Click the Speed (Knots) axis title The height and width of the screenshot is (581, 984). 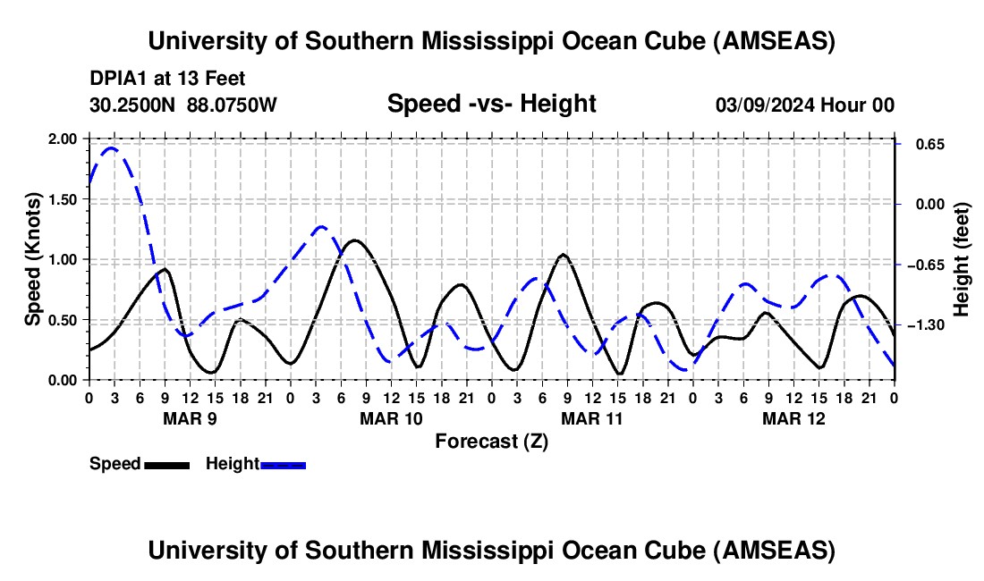click(x=33, y=259)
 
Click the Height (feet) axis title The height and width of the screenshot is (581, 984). click(x=962, y=259)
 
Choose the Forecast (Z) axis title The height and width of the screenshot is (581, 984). click(x=491, y=440)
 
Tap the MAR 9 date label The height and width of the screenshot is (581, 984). click(x=189, y=417)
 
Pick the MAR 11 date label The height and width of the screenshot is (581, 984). click(x=591, y=417)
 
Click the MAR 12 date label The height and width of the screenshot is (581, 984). click(x=793, y=417)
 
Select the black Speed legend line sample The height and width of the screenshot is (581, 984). click(x=165, y=464)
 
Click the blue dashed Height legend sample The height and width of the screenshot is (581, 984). click(x=283, y=464)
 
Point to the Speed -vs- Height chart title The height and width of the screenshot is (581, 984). click(x=491, y=104)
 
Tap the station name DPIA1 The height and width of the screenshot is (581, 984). click(x=116, y=80)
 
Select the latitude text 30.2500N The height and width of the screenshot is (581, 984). click(x=134, y=105)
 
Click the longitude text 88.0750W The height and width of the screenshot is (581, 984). click(x=232, y=105)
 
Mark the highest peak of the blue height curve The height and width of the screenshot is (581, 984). click(x=111, y=148)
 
